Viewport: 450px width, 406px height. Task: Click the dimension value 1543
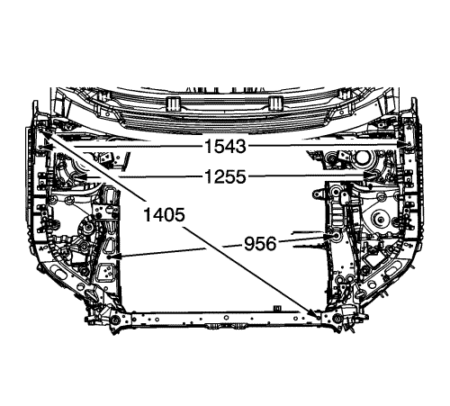225,147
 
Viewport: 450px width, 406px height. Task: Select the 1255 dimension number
225,176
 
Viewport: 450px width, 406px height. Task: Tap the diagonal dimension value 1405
164,215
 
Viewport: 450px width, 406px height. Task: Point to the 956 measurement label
260,243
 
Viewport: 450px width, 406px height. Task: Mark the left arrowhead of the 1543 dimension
47,147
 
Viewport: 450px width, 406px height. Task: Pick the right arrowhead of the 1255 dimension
369,176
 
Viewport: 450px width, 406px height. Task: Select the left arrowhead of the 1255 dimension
81,177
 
